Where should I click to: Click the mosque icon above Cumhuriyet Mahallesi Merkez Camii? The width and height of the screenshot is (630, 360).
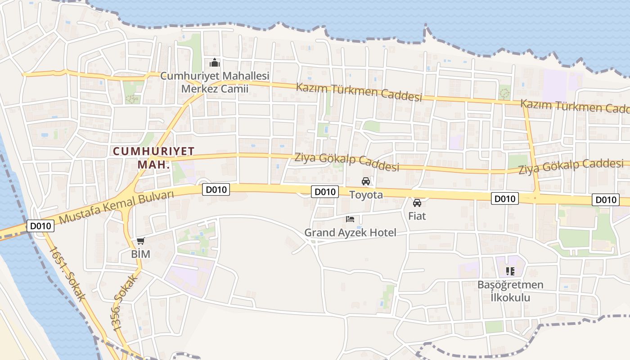(215, 63)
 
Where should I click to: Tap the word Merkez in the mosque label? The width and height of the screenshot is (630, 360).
(198, 89)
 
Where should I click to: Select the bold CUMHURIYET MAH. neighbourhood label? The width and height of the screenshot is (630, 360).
(153, 157)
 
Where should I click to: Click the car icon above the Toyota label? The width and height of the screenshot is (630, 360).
(366, 181)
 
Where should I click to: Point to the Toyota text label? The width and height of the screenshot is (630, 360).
(366, 195)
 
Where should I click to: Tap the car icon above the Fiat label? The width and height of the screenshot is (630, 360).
(417, 203)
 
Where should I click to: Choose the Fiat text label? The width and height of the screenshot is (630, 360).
(417, 216)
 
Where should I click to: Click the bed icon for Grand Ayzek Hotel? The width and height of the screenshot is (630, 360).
(350, 219)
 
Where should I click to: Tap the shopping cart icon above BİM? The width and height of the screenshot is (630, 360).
(141, 241)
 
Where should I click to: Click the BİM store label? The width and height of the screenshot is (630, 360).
(140, 254)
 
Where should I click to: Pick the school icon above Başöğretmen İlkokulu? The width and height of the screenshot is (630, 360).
(510, 271)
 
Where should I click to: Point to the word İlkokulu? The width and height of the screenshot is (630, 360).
(510, 297)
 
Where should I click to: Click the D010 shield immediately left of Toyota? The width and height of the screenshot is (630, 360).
(324, 192)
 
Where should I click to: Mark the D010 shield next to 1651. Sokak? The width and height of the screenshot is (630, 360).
(41, 226)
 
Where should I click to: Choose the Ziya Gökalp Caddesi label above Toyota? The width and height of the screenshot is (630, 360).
(346, 162)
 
